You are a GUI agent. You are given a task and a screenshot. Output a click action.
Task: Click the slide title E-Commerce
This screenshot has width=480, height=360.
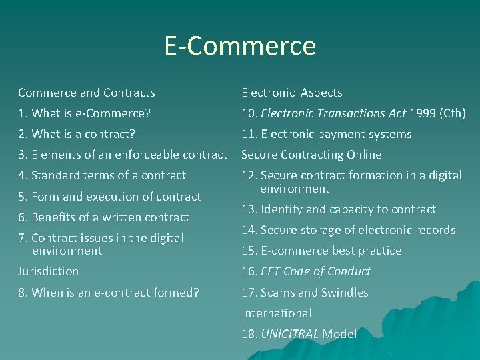[x=240, y=46]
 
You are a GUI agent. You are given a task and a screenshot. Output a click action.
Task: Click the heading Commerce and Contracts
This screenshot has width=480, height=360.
[x=87, y=93]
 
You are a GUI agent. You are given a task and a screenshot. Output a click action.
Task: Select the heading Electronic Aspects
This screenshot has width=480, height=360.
[x=291, y=93]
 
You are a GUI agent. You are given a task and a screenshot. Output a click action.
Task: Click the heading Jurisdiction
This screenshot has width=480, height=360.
[x=48, y=271]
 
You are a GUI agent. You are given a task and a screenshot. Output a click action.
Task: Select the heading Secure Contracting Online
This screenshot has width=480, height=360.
[x=311, y=155]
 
